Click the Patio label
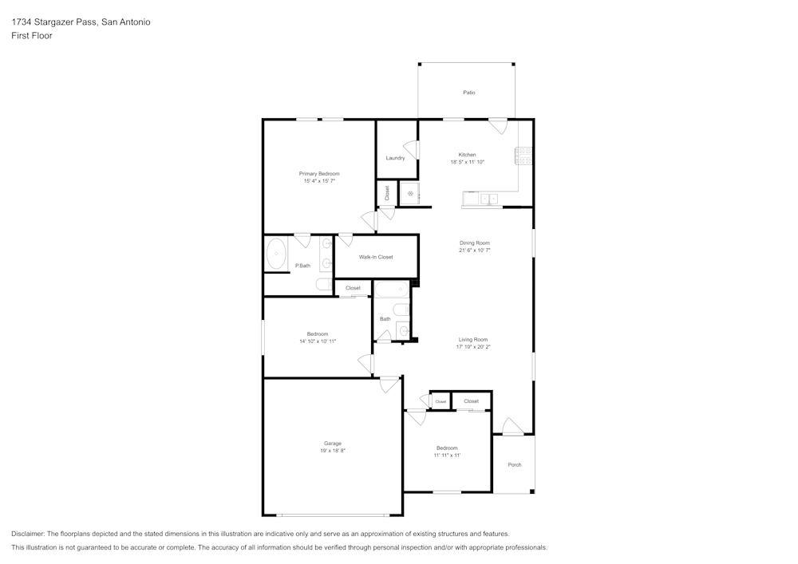pyautogui.click(x=469, y=93)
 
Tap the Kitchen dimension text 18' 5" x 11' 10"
pyautogui.click(x=467, y=162)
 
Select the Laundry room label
pyautogui.click(x=395, y=158)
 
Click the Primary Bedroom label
pyautogui.click(x=319, y=174)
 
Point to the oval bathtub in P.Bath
pyautogui.click(x=277, y=254)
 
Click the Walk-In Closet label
pyautogui.click(x=375, y=257)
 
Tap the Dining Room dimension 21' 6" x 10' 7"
pyautogui.click(x=474, y=250)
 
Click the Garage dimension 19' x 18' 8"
pyautogui.click(x=332, y=451)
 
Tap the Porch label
pyautogui.click(x=515, y=464)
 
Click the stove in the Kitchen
pyautogui.click(x=525, y=156)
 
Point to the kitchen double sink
pyautogui.click(x=486, y=199)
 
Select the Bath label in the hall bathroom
pyautogui.click(x=385, y=319)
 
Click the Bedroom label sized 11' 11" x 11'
pyautogui.click(x=447, y=448)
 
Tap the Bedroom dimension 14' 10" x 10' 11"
pyautogui.click(x=317, y=341)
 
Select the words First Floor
pyautogui.click(x=32, y=36)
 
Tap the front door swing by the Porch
pyautogui.click(x=512, y=427)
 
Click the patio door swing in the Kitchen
pyautogui.click(x=498, y=126)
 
